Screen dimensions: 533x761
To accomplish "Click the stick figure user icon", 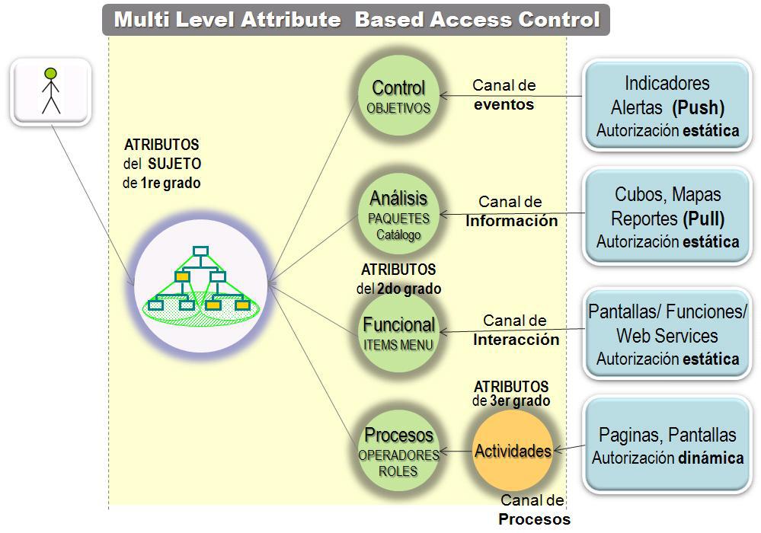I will coord(51,92).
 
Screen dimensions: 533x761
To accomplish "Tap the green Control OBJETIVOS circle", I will coord(398,97).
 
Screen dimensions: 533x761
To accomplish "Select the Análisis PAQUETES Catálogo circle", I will coord(398,215).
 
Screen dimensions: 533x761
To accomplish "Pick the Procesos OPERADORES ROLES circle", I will coord(398,452).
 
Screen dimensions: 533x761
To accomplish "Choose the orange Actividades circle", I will coord(513,451).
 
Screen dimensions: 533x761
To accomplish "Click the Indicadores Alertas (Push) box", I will coord(667,106).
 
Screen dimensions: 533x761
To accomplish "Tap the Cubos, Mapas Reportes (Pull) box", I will coord(667,217).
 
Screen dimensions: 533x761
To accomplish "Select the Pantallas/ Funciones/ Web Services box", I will coord(667,335).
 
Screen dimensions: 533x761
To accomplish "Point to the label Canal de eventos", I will coord(504,95).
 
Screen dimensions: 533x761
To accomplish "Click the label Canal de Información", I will coord(511,212).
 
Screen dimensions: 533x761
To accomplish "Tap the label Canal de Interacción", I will coord(516,330).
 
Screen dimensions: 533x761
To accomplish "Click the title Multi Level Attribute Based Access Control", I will coord(357,20).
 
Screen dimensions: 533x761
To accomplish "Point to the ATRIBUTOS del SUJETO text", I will coord(161,163).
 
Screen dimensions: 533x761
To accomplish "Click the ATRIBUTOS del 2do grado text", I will coord(398,279).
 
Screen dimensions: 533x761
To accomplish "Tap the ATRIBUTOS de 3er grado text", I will coord(510,393).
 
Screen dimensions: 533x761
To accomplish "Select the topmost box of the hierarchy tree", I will coord(200,251).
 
